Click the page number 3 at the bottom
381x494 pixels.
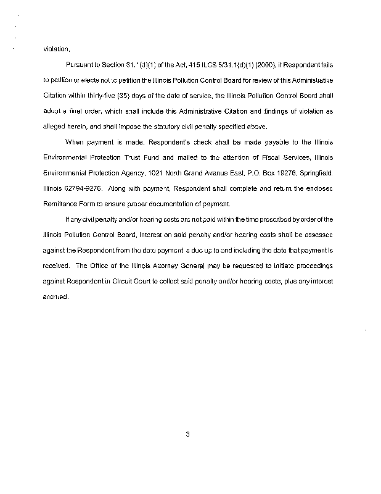coord(187,435)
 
